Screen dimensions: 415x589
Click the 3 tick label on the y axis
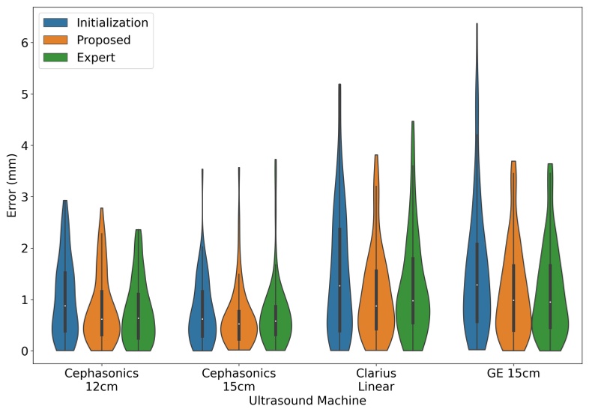click(24, 197)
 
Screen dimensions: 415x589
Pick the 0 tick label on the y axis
click(24, 351)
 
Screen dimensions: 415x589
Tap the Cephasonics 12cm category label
click(101, 379)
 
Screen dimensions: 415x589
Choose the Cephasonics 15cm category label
click(238, 379)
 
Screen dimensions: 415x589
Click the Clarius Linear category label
click(376, 379)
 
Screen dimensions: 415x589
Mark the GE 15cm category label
click(513, 373)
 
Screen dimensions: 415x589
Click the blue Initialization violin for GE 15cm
click(477, 300)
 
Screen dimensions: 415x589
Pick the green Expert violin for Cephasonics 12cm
click(138, 315)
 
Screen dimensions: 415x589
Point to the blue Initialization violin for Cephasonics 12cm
click(65, 315)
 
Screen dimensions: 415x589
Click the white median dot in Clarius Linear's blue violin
click(339, 285)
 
